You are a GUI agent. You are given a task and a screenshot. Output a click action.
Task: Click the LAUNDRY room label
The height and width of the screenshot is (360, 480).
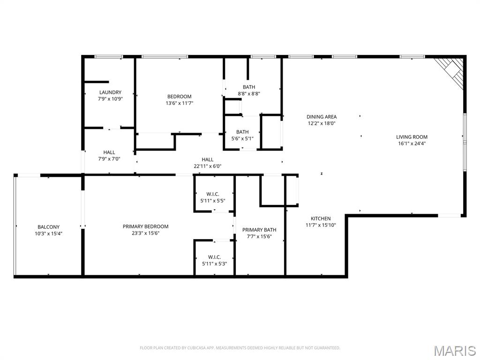click(x=110, y=92)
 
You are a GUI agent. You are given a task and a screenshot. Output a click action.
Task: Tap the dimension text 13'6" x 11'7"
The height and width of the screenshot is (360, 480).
click(x=180, y=103)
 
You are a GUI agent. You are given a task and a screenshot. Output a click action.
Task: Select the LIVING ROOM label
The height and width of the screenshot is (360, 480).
click(x=412, y=137)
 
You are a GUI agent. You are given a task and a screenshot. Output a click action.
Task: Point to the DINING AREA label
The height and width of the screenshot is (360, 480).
click(x=322, y=117)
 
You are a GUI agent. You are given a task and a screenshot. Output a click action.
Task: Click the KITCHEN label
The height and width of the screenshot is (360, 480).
click(x=321, y=218)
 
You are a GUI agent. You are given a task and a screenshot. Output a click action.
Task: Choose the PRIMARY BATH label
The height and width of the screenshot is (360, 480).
click(x=259, y=230)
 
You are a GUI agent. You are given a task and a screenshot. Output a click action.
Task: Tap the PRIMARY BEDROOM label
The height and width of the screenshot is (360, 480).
click(x=145, y=226)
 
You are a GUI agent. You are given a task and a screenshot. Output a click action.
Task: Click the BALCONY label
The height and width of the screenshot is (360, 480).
click(x=48, y=227)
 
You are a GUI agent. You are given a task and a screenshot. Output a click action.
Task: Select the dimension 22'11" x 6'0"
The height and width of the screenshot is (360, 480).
click(x=208, y=166)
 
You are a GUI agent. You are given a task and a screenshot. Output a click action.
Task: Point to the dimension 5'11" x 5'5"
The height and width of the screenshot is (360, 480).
click(x=213, y=201)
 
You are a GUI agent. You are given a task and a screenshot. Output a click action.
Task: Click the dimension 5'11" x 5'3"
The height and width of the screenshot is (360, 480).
click(x=214, y=263)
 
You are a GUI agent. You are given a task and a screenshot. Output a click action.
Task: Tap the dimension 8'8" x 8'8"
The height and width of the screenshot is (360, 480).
click(x=249, y=94)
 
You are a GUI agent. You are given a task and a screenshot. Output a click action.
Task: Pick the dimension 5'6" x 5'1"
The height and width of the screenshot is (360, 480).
click(x=242, y=138)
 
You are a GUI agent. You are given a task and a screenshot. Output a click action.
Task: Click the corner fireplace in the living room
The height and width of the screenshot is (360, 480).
click(x=450, y=73)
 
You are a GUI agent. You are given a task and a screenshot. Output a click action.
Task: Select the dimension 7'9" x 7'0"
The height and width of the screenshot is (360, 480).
click(x=109, y=159)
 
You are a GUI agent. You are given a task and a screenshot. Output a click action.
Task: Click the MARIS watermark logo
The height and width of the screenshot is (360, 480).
click(x=455, y=351)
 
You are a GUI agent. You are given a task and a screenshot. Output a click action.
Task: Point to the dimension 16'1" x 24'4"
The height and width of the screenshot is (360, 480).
click(x=412, y=143)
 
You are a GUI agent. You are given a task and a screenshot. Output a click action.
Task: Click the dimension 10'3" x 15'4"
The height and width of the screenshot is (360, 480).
click(x=48, y=233)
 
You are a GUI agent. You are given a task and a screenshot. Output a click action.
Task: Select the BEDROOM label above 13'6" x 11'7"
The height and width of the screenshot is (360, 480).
click(x=180, y=97)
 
